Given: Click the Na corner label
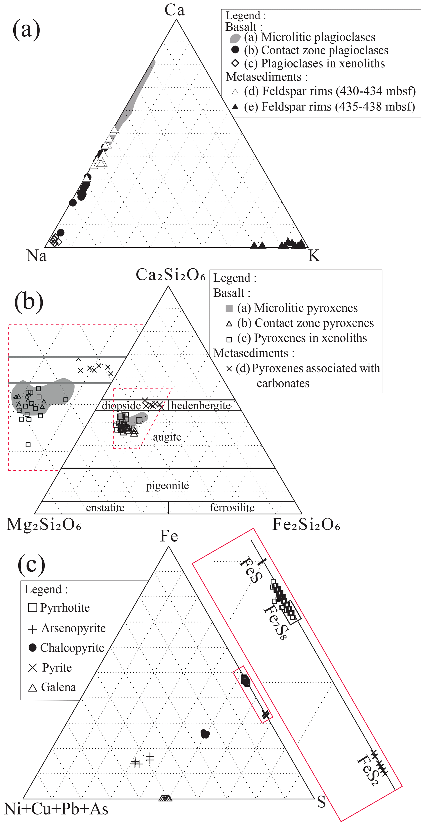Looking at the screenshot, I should (x=37, y=256).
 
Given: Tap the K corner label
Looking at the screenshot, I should (x=314, y=256).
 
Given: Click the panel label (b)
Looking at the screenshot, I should (x=29, y=301).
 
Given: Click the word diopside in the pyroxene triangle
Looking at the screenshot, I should (x=121, y=406).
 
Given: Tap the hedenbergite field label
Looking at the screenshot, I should (x=201, y=406).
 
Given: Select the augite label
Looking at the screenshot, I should (x=167, y=437).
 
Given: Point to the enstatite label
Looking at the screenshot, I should (x=105, y=508).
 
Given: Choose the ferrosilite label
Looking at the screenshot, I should (x=232, y=508).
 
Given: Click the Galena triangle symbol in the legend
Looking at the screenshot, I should (x=32, y=688).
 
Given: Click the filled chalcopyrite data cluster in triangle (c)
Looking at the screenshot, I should (x=205, y=734).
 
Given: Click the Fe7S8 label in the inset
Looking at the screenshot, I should (x=275, y=622).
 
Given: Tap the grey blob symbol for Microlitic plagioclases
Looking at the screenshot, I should (x=235, y=38).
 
